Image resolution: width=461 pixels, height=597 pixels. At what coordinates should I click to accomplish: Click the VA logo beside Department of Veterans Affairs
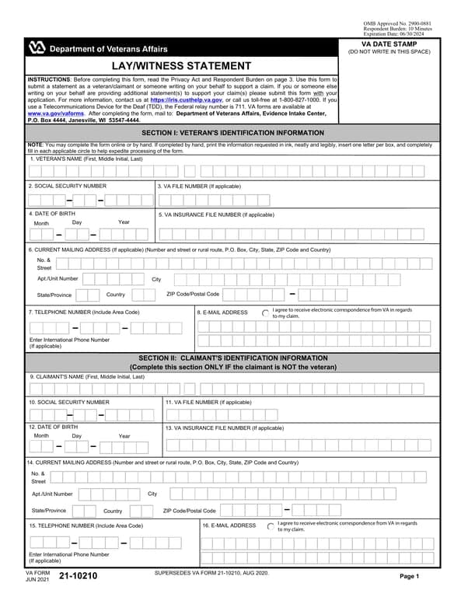[x=37, y=48]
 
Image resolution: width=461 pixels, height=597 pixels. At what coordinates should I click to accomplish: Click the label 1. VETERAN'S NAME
[x=86, y=159]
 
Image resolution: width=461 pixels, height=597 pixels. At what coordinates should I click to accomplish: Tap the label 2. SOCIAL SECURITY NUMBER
[x=68, y=187]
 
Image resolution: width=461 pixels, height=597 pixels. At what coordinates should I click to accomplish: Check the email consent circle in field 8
[x=266, y=312]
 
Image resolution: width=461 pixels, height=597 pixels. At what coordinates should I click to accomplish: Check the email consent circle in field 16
[x=271, y=526]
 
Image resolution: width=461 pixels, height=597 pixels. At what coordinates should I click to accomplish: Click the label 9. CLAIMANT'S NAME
[x=87, y=376]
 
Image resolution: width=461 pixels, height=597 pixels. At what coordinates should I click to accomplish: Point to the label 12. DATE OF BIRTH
[x=53, y=427]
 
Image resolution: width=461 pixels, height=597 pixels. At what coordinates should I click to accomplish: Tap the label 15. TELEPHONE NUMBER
[x=86, y=526]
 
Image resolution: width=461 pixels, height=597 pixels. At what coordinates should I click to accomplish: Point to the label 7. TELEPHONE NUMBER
[x=84, y=312]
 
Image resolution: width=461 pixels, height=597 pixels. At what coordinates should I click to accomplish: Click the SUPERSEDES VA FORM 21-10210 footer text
[x=211, y=572]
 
